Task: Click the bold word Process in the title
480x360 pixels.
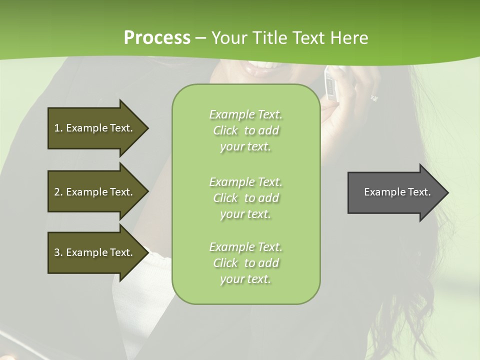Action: pos(157,38)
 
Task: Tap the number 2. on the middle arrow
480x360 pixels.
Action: pos(58,192)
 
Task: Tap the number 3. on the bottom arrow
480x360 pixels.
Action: pos(58,252)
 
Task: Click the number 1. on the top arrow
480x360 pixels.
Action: pos(58,128)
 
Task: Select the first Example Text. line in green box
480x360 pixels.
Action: pos(245,114)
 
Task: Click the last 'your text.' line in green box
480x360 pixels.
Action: pos(245,279)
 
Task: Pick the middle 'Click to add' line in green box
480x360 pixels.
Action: pos(245,198)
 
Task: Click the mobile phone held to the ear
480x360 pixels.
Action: pos(331,82)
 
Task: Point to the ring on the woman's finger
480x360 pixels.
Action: pos(374,98)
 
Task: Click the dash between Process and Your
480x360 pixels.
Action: pos(201,38)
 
